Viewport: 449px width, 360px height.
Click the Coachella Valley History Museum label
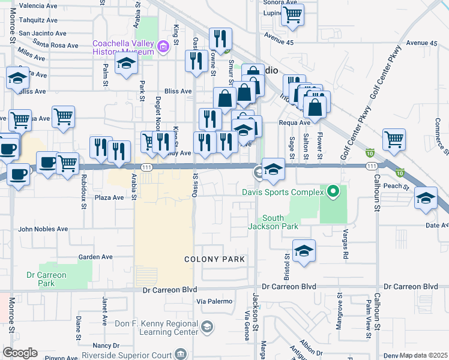point(123,47)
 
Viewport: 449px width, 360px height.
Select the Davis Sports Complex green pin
point(334,193)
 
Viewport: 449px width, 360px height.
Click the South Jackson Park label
point(274,222)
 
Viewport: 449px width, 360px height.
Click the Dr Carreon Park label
point(47,279)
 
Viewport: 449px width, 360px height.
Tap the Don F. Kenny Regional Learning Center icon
point(206,326)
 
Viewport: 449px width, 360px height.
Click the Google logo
point(20,353)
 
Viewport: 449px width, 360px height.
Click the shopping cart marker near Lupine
point(292,15)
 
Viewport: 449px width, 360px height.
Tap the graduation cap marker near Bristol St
point(304,251)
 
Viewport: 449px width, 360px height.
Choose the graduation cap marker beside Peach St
point(426,199)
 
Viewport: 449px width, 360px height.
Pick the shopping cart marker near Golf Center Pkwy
point(394,139)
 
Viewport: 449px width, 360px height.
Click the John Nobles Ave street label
point(43,229)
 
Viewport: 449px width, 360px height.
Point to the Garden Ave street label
point(95,257)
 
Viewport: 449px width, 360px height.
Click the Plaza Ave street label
point(109,197)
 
